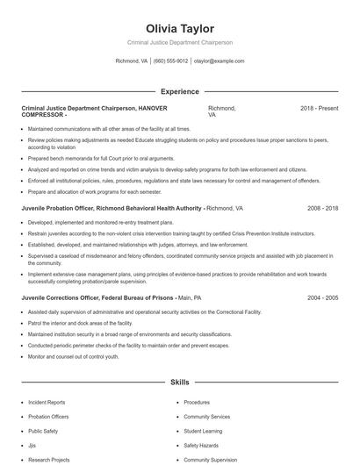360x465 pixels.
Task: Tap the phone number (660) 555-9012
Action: pyautogui.click(x=170, y=61)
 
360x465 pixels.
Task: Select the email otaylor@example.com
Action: pyautogui.click(x=218, y=61)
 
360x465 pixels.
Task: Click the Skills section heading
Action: pyautogui.click(x=179, y=383)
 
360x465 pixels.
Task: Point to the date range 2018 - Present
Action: pyautogui.click(x=319, y=108)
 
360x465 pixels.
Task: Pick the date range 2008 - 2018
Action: pyautogui.click(x=322, y=209)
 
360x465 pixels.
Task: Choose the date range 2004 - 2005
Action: pyautogui.click(x=322, y=297)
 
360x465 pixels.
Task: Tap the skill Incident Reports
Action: pyautogui.click(x=47, y=402)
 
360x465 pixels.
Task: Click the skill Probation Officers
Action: pyautogui.click(x=49, y=417)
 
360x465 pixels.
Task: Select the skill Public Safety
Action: pyautogui.click(x=43, y=431)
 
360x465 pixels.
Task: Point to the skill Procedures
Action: pyautogui.click(x=197, y=402)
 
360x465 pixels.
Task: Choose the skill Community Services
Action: pyautogui.click(x=206, y=417)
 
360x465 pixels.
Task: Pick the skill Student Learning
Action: pyautogui.click(x=203, y=431)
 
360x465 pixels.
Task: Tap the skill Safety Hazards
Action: pyautogui.click(x=201, y=445)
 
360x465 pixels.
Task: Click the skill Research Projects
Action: pyautogui.click(x=48, y=459)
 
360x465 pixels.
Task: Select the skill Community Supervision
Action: pyautogui.click(x=210, y=459)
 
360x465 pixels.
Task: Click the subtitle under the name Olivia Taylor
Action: pyautogui.click(x=179, y=42)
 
